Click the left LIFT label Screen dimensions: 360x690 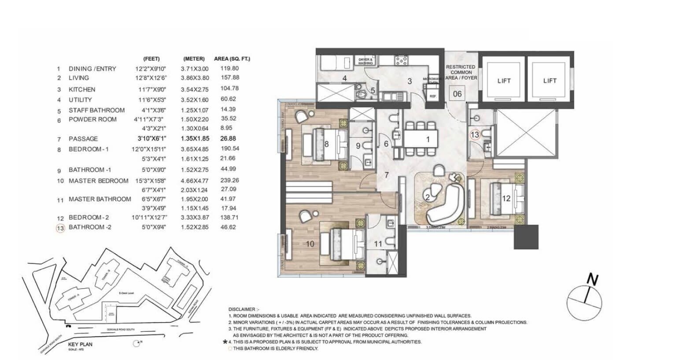click(504, 81)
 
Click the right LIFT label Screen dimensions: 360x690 click(550, 81)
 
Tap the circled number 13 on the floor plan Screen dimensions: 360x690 click(475, 135)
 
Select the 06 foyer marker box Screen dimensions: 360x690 click(458, 93)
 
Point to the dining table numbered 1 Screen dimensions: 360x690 click(421, 139)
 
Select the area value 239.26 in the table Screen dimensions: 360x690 click(229, 180)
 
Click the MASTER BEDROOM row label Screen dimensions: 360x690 click(98, 181)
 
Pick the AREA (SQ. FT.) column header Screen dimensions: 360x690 click(232, 59)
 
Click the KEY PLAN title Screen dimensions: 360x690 click(80, 344)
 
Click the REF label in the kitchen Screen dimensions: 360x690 click(433, 96)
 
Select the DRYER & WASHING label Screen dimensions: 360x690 click(365, 61)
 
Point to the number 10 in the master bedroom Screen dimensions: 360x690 click(310, 244)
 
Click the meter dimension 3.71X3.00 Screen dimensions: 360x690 click(194, 69)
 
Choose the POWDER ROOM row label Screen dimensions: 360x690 click(92, 119)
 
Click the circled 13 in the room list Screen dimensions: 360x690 click(60, 228)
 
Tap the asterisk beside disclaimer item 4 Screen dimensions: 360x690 click(225, 341)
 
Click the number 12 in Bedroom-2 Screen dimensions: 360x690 click(506, 199)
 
